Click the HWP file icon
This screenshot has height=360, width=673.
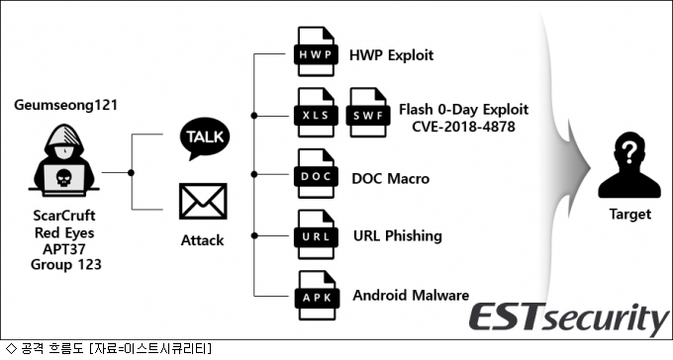pyautogui.click(x=316, y=51)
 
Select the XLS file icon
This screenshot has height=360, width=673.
pyautogui.click(x=316, y=113)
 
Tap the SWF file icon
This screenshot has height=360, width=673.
pyautogui.click(x=368, y=113)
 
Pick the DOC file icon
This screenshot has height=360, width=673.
pyautogui.click(x=316, y=174)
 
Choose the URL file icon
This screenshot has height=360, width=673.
pyautogui.click(x=316, y=234)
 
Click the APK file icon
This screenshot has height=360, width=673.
pyautogui.click(x=317, y=296)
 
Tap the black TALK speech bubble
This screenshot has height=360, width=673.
pyautogui.click(x=204, y=138)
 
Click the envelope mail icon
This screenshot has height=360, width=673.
pyautogui.click(x=203, y=201)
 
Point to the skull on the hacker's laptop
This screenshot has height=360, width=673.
pyautogui.click(x=63, y=178)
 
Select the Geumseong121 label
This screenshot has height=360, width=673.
pyautogui.click(x=65, y=105)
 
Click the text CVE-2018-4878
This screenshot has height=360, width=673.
pyautogui.click(x=463, y=127)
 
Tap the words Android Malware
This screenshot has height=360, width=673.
pyautogui.click(x=411, y=295)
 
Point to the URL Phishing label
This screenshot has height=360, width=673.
pyautogui.click(x=398, y=236)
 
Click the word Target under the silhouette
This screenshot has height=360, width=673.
pyautogui.click(x=630, y=214)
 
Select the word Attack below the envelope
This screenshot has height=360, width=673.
pyautogui.click(x=202, y=240)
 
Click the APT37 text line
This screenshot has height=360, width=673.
pyautogui.click(x=64, y=249)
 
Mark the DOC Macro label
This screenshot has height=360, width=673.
pyautogui.click(x=390, y=178)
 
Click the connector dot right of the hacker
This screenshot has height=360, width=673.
pyautogui.click(x=131, y=172)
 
